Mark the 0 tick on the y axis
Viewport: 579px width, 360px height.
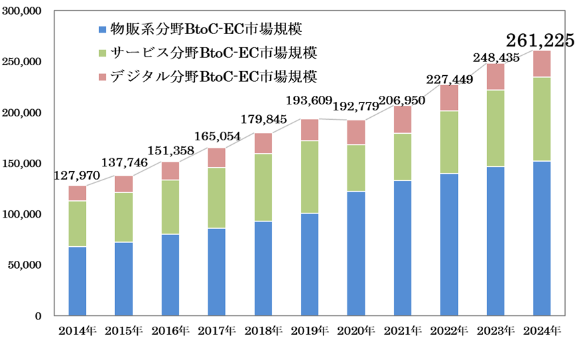(39, 315)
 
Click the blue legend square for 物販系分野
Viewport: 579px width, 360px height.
(102, 29)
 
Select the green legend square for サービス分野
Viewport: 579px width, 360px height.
(102, 53)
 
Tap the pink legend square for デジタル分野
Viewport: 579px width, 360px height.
(102, 77)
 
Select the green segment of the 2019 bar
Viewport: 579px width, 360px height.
(309, 177)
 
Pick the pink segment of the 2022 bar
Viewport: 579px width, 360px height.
(449, 98)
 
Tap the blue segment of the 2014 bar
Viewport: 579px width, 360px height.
(77, 281)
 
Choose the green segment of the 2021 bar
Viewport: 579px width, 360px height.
(402, 157)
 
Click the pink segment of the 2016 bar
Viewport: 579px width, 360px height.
(170, 171)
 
